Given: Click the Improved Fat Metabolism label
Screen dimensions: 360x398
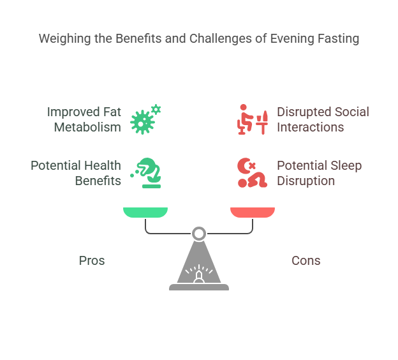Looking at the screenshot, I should point(84,119).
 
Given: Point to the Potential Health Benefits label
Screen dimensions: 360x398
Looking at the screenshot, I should point(76,173).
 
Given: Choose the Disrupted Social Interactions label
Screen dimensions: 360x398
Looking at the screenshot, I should point(323,119).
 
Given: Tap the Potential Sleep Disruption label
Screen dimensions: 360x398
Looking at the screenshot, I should point(319,173).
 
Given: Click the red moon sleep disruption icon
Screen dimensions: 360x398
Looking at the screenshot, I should point(250,173).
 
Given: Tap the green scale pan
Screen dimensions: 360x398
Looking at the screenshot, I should point(145,212).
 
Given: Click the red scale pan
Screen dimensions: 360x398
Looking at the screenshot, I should point(253,212).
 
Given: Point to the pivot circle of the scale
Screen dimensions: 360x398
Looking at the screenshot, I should point(199,233).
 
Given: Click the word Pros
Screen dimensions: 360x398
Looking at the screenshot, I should point(92,260).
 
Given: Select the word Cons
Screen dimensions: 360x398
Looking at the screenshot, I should point(306,260).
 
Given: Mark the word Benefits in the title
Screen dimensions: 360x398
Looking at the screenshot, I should point(141,39).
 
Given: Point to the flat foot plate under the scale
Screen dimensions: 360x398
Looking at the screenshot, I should point(199,288).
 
